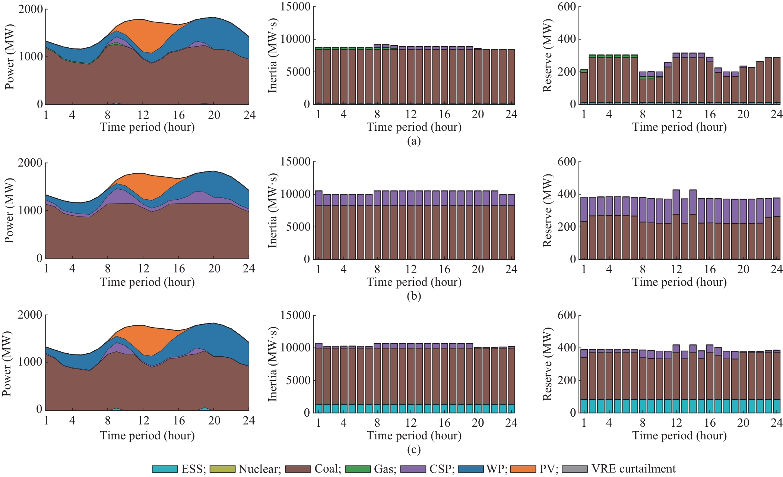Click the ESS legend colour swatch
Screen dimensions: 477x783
pyautogui.click(x=164, y=469)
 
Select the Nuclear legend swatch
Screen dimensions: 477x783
pyautogui.click(x=222, y=469)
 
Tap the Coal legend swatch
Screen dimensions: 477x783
pyautogui.click(x=298, y=469)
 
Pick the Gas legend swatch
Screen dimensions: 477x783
pyautogui.click(x=358, y=469)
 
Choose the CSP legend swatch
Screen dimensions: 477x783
pyautogui.click(x=413, y=469)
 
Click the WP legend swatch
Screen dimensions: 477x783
pyautogui.click(x=470, y=469)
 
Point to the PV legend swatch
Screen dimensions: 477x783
pyautogui.click(x=523, y=469)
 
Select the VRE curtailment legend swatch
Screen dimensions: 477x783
pyautogui.click(x=574, y=469)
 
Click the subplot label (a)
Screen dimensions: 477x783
pyautogui.click(x=414, y=141)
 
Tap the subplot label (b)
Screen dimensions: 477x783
pyautogui.click(x=414, y=296)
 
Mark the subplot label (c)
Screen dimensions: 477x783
pyautogui.click(x=414, y=450)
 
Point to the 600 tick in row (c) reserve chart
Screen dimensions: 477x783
pyautogui.click(x=567, y=315)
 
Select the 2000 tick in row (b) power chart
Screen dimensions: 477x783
pyautogui.click(x=31, y=163)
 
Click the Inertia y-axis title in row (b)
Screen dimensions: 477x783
pyautogui.click(x=273, y=211)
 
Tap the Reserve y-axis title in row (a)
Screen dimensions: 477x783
pyautogui.click(x=547, y=56)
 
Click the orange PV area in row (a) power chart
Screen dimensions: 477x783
pyautogui.click(x=149, y=34)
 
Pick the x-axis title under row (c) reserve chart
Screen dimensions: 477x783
pyautogui.click(x=679, y=436)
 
